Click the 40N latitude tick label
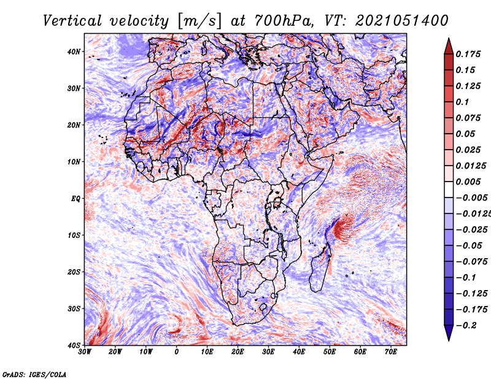74,52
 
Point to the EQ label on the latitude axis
75,199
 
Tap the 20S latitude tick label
74,272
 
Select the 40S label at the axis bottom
74,345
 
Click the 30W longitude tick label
85,352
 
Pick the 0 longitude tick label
177,352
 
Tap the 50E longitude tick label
330,352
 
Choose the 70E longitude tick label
390,352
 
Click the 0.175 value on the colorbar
468,55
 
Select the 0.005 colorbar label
468,182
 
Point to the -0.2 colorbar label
466,326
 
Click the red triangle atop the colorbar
449,47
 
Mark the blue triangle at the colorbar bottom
449,332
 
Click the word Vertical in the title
72,21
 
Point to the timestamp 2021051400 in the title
402,21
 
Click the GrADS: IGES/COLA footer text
34,375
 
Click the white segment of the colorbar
449,189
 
